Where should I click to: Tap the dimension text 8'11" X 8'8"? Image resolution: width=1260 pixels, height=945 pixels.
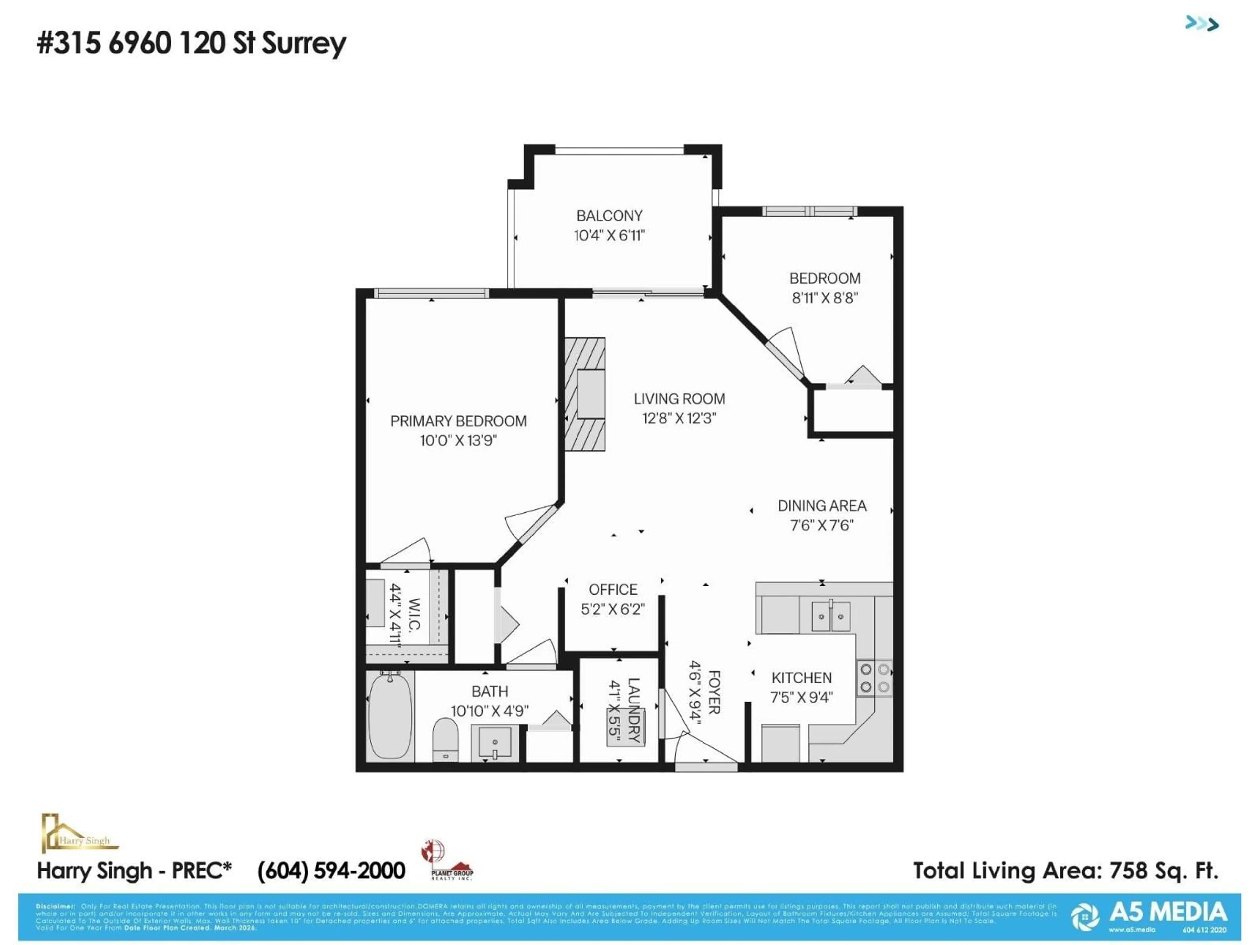click(x=824, y=298)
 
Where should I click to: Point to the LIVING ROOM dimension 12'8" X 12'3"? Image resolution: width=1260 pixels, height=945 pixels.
click(x=679, y=418)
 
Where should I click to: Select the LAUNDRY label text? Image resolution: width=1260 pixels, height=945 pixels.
click(x=633, y=710)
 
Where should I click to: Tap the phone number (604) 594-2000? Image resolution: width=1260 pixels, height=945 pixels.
click(x=331, y=871)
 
